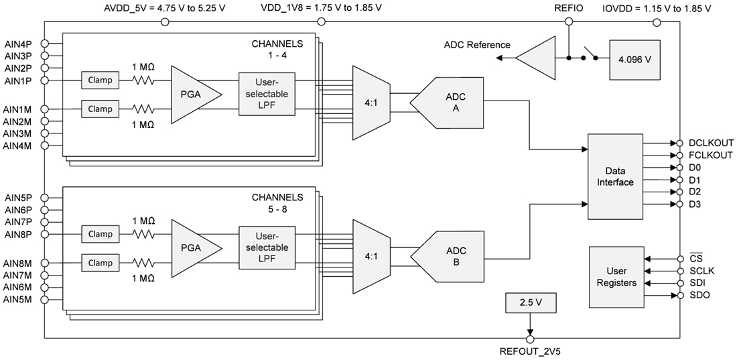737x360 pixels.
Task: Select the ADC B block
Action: click(x=450, y=257)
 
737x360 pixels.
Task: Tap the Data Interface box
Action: click(x=614, y=177)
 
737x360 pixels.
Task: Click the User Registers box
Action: click(x=616, y=277)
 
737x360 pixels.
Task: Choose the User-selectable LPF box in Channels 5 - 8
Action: click(x=267, y=247)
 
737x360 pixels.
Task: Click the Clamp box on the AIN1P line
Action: click(x=100, y=80)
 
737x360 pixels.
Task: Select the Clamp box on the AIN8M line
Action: click(x=100, y=263)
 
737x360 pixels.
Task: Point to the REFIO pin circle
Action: click(x=569, y=21)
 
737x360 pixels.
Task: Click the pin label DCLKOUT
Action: click(x=711, y=143)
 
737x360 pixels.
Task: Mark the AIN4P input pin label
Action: click(x=18, y=44)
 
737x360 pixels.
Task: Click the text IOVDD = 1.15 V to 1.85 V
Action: click(x=657, y=8)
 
